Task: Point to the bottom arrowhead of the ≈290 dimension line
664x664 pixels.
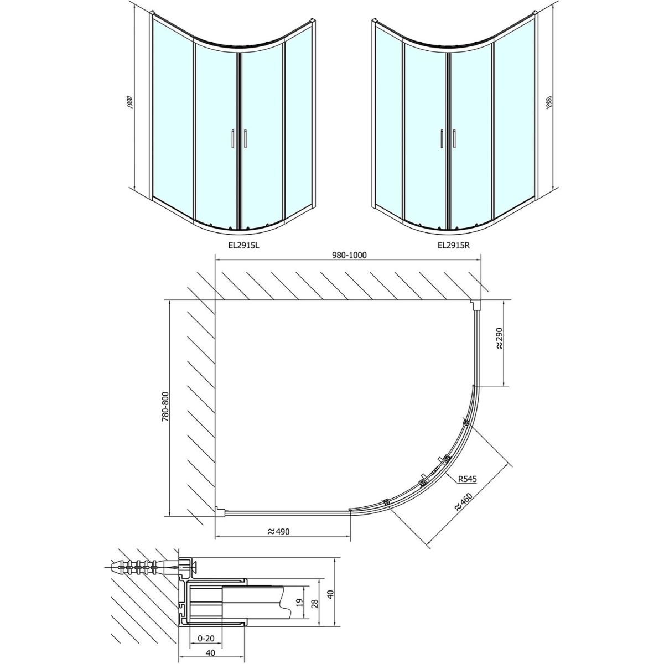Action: pos(504,385)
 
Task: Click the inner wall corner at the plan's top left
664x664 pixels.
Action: pos(215,300)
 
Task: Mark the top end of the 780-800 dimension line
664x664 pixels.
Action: pos(170,300)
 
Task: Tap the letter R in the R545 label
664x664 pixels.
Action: pos(460,479)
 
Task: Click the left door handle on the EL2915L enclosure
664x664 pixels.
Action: pos(232,139)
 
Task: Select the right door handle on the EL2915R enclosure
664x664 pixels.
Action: pos(455,139)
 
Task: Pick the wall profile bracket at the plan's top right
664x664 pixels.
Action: pos(475,304)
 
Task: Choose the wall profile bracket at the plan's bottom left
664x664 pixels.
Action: pos(220,511)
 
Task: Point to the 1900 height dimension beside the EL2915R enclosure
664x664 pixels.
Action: pos(549,102)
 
